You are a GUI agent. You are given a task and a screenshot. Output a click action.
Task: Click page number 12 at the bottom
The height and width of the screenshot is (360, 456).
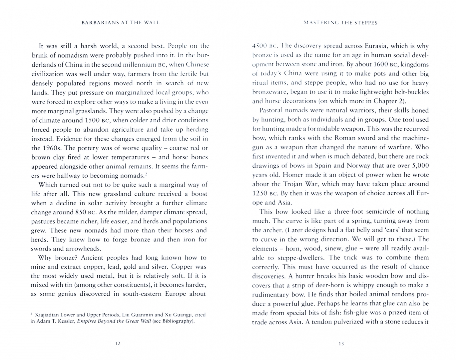117,343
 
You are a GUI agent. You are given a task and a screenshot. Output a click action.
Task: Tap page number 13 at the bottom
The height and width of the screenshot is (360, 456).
341,343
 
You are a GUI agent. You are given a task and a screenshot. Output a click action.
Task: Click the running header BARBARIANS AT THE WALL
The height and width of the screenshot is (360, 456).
121,23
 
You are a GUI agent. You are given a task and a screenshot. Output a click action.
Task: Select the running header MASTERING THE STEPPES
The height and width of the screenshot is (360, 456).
341,23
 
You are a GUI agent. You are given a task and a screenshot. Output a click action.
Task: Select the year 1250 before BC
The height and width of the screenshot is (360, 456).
260,193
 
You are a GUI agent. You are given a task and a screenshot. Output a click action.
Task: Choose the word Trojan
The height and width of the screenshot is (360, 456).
293,184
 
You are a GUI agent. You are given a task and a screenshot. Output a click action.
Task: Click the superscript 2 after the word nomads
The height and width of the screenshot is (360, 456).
146,174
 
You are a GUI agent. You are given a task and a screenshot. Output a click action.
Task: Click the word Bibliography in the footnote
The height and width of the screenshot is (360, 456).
177,321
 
